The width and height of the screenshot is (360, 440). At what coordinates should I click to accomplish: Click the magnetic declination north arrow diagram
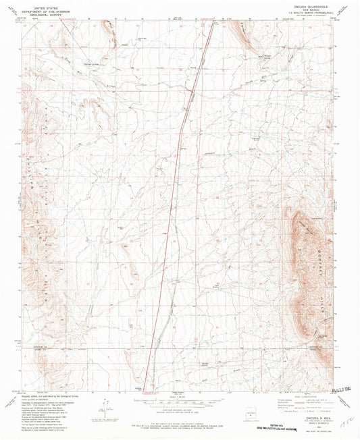pos(105,408)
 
